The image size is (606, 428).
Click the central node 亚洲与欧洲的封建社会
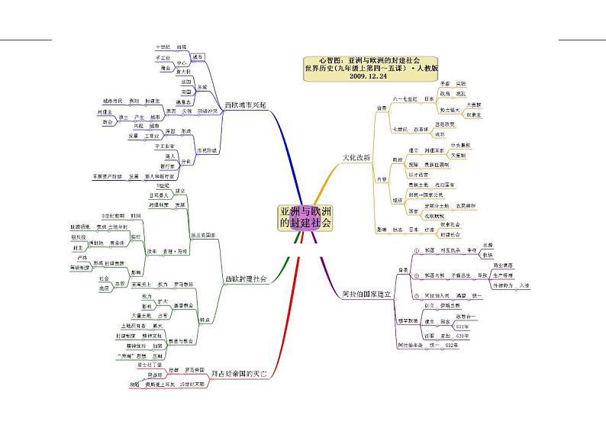point(305,217)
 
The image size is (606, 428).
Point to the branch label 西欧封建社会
point(245,279)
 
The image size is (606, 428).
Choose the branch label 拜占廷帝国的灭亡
point(244,375)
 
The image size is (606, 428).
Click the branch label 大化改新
point(356,157)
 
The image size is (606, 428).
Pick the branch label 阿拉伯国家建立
point(366,292)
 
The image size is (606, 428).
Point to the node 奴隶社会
point(453,224)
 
